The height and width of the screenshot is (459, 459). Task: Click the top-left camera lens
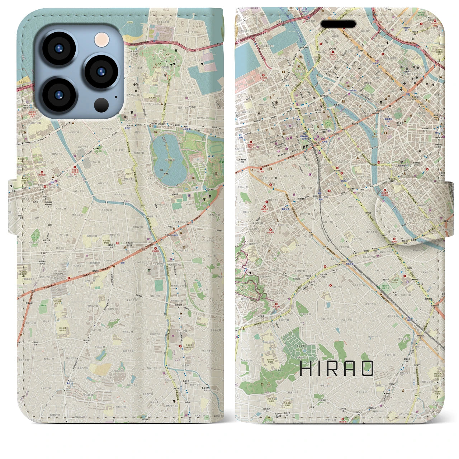58,49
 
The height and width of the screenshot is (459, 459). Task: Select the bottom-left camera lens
58,94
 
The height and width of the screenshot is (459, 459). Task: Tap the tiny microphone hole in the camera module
115,96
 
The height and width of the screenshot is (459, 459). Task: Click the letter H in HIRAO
306,368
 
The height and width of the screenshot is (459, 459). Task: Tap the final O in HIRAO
368,368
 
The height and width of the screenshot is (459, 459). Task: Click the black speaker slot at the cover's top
338,24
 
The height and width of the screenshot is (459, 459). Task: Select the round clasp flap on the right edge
412,212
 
